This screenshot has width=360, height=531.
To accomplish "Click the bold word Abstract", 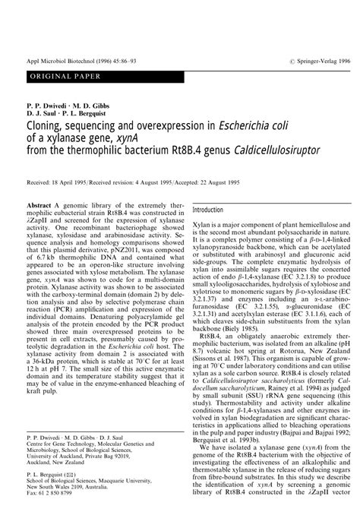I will (40, 206).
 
